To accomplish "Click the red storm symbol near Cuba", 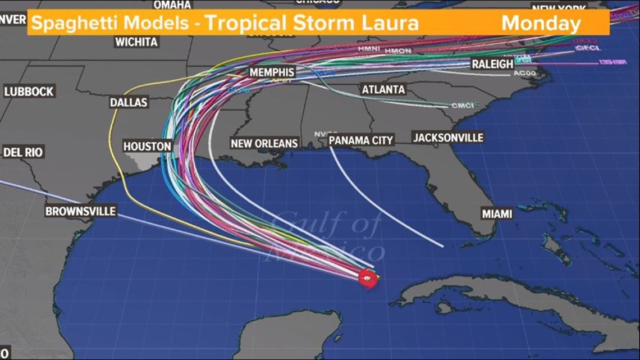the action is (368, 278).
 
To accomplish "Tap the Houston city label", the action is (147, 146).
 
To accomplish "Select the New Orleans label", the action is (264, 143).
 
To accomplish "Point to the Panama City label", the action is (361, 140).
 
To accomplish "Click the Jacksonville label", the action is (447, 138).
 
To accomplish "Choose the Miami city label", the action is (497, 214).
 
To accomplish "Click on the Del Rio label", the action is (23, 152).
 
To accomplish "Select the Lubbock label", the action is (29, 92).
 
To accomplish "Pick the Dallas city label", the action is (129, 102).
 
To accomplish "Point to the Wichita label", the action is (136, 42).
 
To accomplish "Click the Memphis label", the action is (272, 72).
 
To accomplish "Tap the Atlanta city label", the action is (383, 89).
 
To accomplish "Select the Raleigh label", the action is (492, 64).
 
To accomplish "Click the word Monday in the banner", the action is (541, 24).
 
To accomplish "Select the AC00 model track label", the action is (525, 73).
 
